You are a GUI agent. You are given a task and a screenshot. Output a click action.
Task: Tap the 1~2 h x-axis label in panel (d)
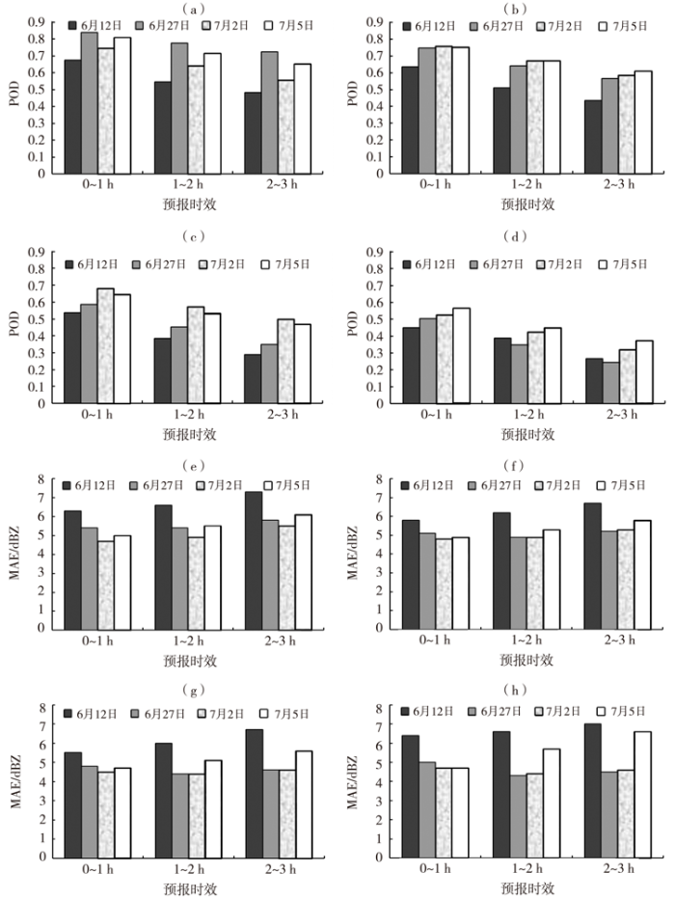[x=516, y=417]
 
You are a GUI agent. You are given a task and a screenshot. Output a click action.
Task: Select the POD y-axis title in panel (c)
[x=13, y=327]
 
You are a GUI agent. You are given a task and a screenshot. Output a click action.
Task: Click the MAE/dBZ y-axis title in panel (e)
[x=13, y=554]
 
